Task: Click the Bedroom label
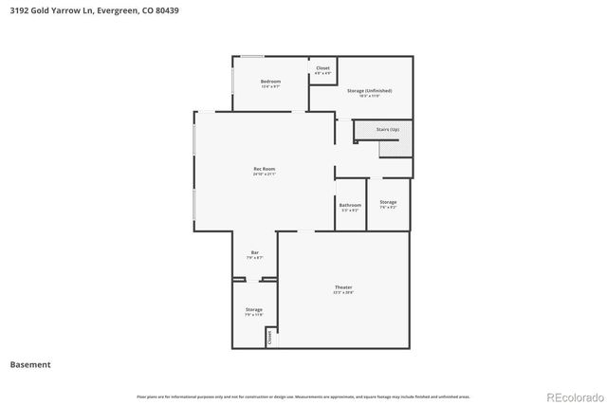tap(270, 82)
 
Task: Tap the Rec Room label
tap(264, 169)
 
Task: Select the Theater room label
tap(342, 287)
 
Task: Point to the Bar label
tap(254, 252)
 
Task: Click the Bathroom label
tap(349, 205)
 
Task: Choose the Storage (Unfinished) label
tap(369, 90)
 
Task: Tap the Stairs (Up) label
tap(388, 128)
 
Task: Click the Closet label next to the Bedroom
tap(322, 68)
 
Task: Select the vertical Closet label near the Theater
tap(269, 336)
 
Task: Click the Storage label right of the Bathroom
tap(388, 202)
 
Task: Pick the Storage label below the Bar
tap(253, 309)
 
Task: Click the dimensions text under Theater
tap(342, 293)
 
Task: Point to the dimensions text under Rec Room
tap(264, 175)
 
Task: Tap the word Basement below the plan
tap(30, 364)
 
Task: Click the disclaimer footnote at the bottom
tap(303, 396)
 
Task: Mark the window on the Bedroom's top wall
tap(251, 56)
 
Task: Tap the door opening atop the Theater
tap(289, 231)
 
